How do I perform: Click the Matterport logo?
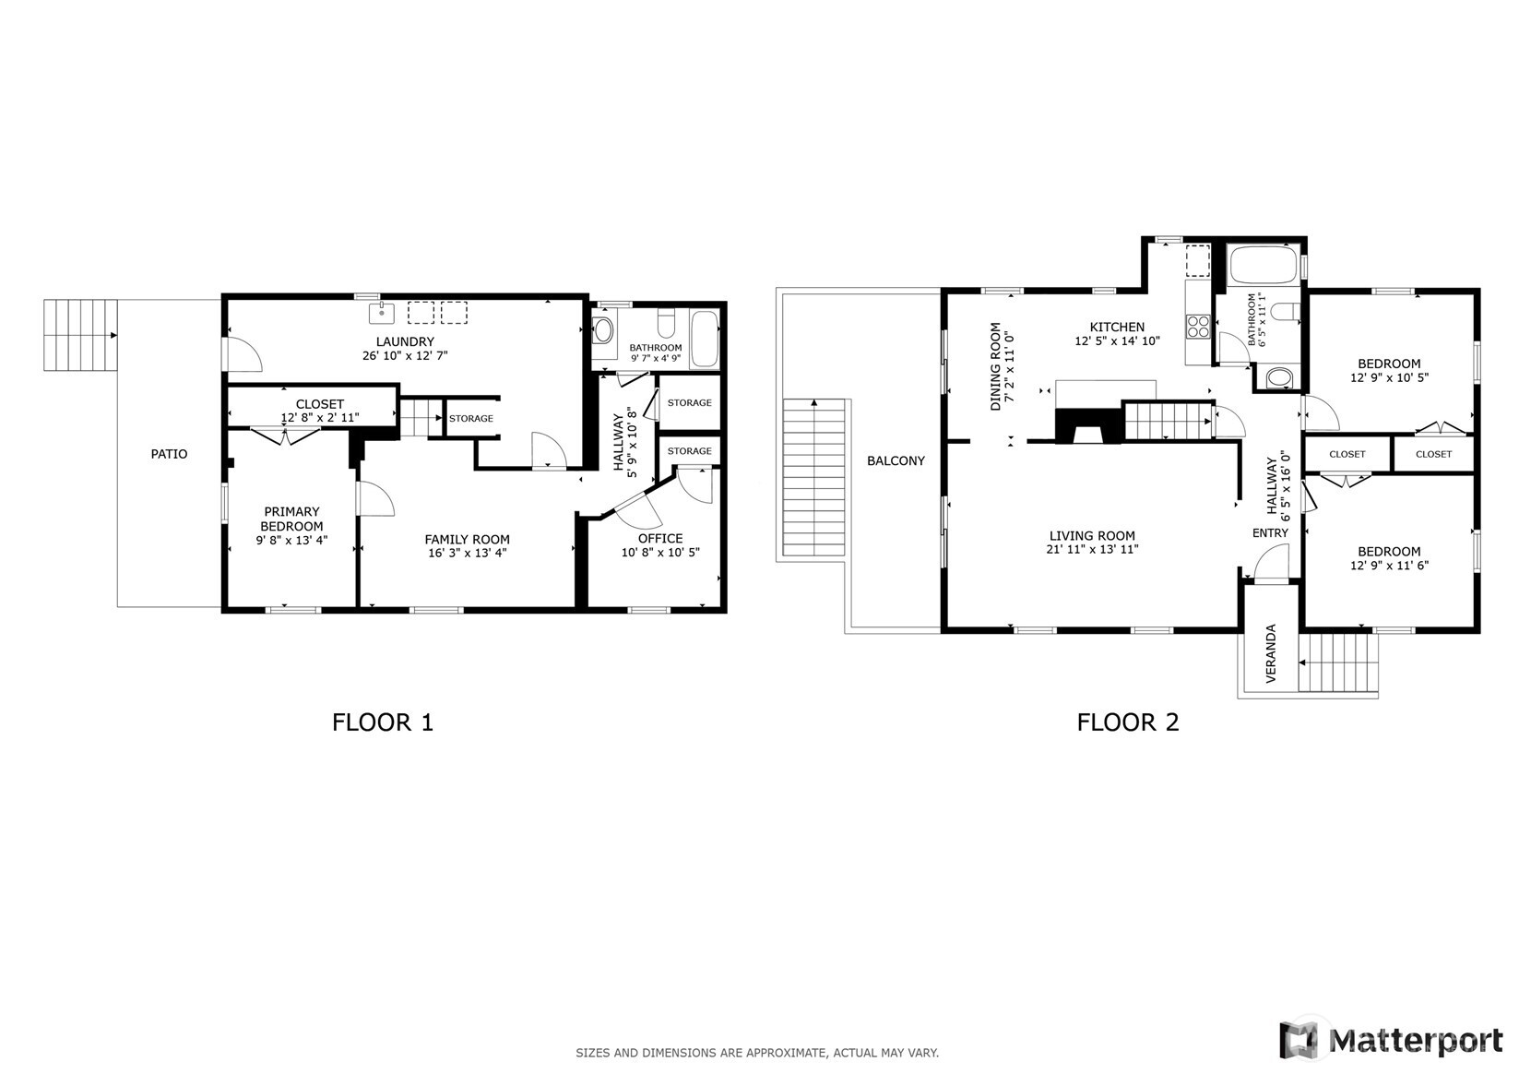[1391, 1040]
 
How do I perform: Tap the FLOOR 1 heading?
[382, 722]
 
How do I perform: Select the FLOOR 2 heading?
[1127, 722]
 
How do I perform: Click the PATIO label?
[170, 454]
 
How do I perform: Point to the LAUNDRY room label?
[404, 341]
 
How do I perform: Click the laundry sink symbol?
[382, 314]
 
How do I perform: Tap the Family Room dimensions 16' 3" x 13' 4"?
[467, 554]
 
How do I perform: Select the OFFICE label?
[660, 539]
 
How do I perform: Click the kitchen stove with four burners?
[1198, 326]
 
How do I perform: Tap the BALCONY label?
[896, 460]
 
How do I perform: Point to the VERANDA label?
[1271, 654]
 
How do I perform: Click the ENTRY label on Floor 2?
[1270, 533]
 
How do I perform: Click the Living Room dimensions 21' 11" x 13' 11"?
[1092, 550]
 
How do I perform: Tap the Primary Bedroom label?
[291, 519]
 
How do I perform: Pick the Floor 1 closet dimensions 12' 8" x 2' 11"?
[319, 418]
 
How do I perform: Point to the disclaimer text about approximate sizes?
[757, 1053]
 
